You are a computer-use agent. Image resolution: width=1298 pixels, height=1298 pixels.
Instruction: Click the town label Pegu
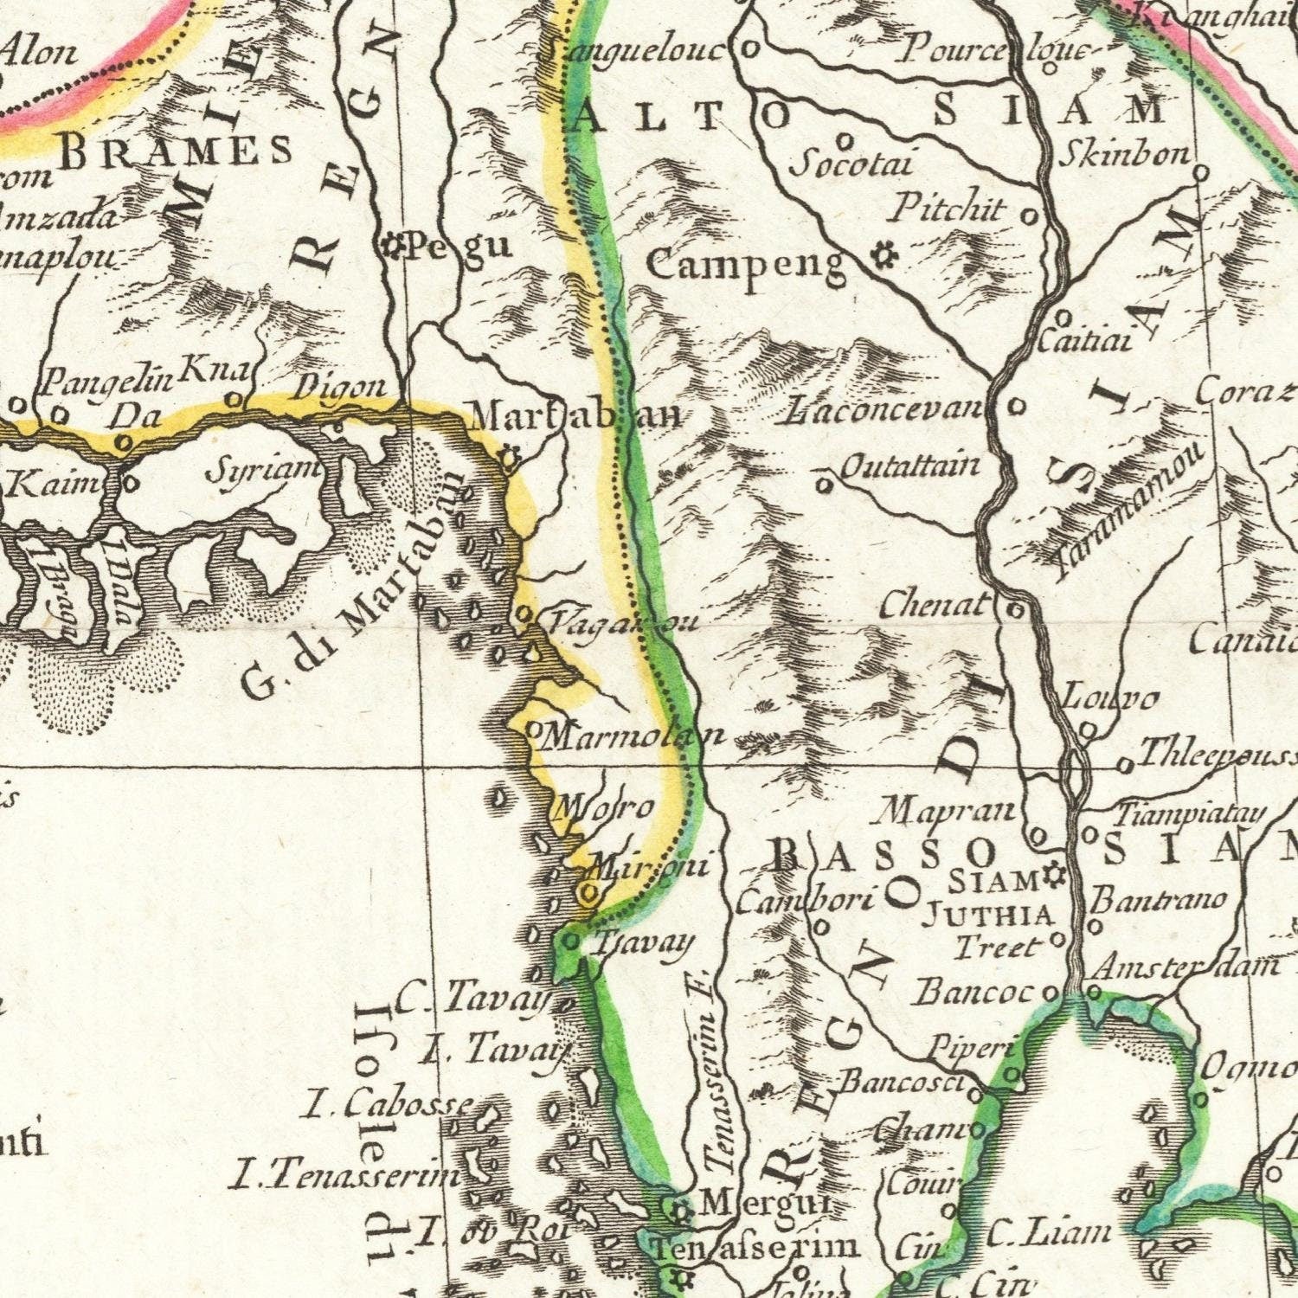coord(459,247)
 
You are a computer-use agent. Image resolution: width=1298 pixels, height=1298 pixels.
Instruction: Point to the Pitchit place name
coord(949,209)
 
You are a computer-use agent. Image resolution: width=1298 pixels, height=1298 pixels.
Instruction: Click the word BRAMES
coord(177,152)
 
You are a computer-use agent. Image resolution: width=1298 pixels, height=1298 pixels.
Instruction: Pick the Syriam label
coord(263,472)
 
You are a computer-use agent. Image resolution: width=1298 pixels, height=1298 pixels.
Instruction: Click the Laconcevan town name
coord(884,409)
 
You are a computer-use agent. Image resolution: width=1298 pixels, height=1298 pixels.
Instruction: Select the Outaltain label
coord(910,467)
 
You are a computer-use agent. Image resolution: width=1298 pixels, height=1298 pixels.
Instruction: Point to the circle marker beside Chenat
coord(1016,611)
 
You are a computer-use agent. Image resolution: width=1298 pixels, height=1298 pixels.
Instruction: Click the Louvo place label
coord(1109,697)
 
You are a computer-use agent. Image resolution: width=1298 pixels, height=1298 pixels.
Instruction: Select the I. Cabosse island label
coord(391,1103)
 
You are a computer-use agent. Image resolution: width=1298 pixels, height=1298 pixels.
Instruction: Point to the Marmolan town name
coord(636,736)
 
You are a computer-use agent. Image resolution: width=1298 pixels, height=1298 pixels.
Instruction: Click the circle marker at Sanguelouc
coord(752,48)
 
